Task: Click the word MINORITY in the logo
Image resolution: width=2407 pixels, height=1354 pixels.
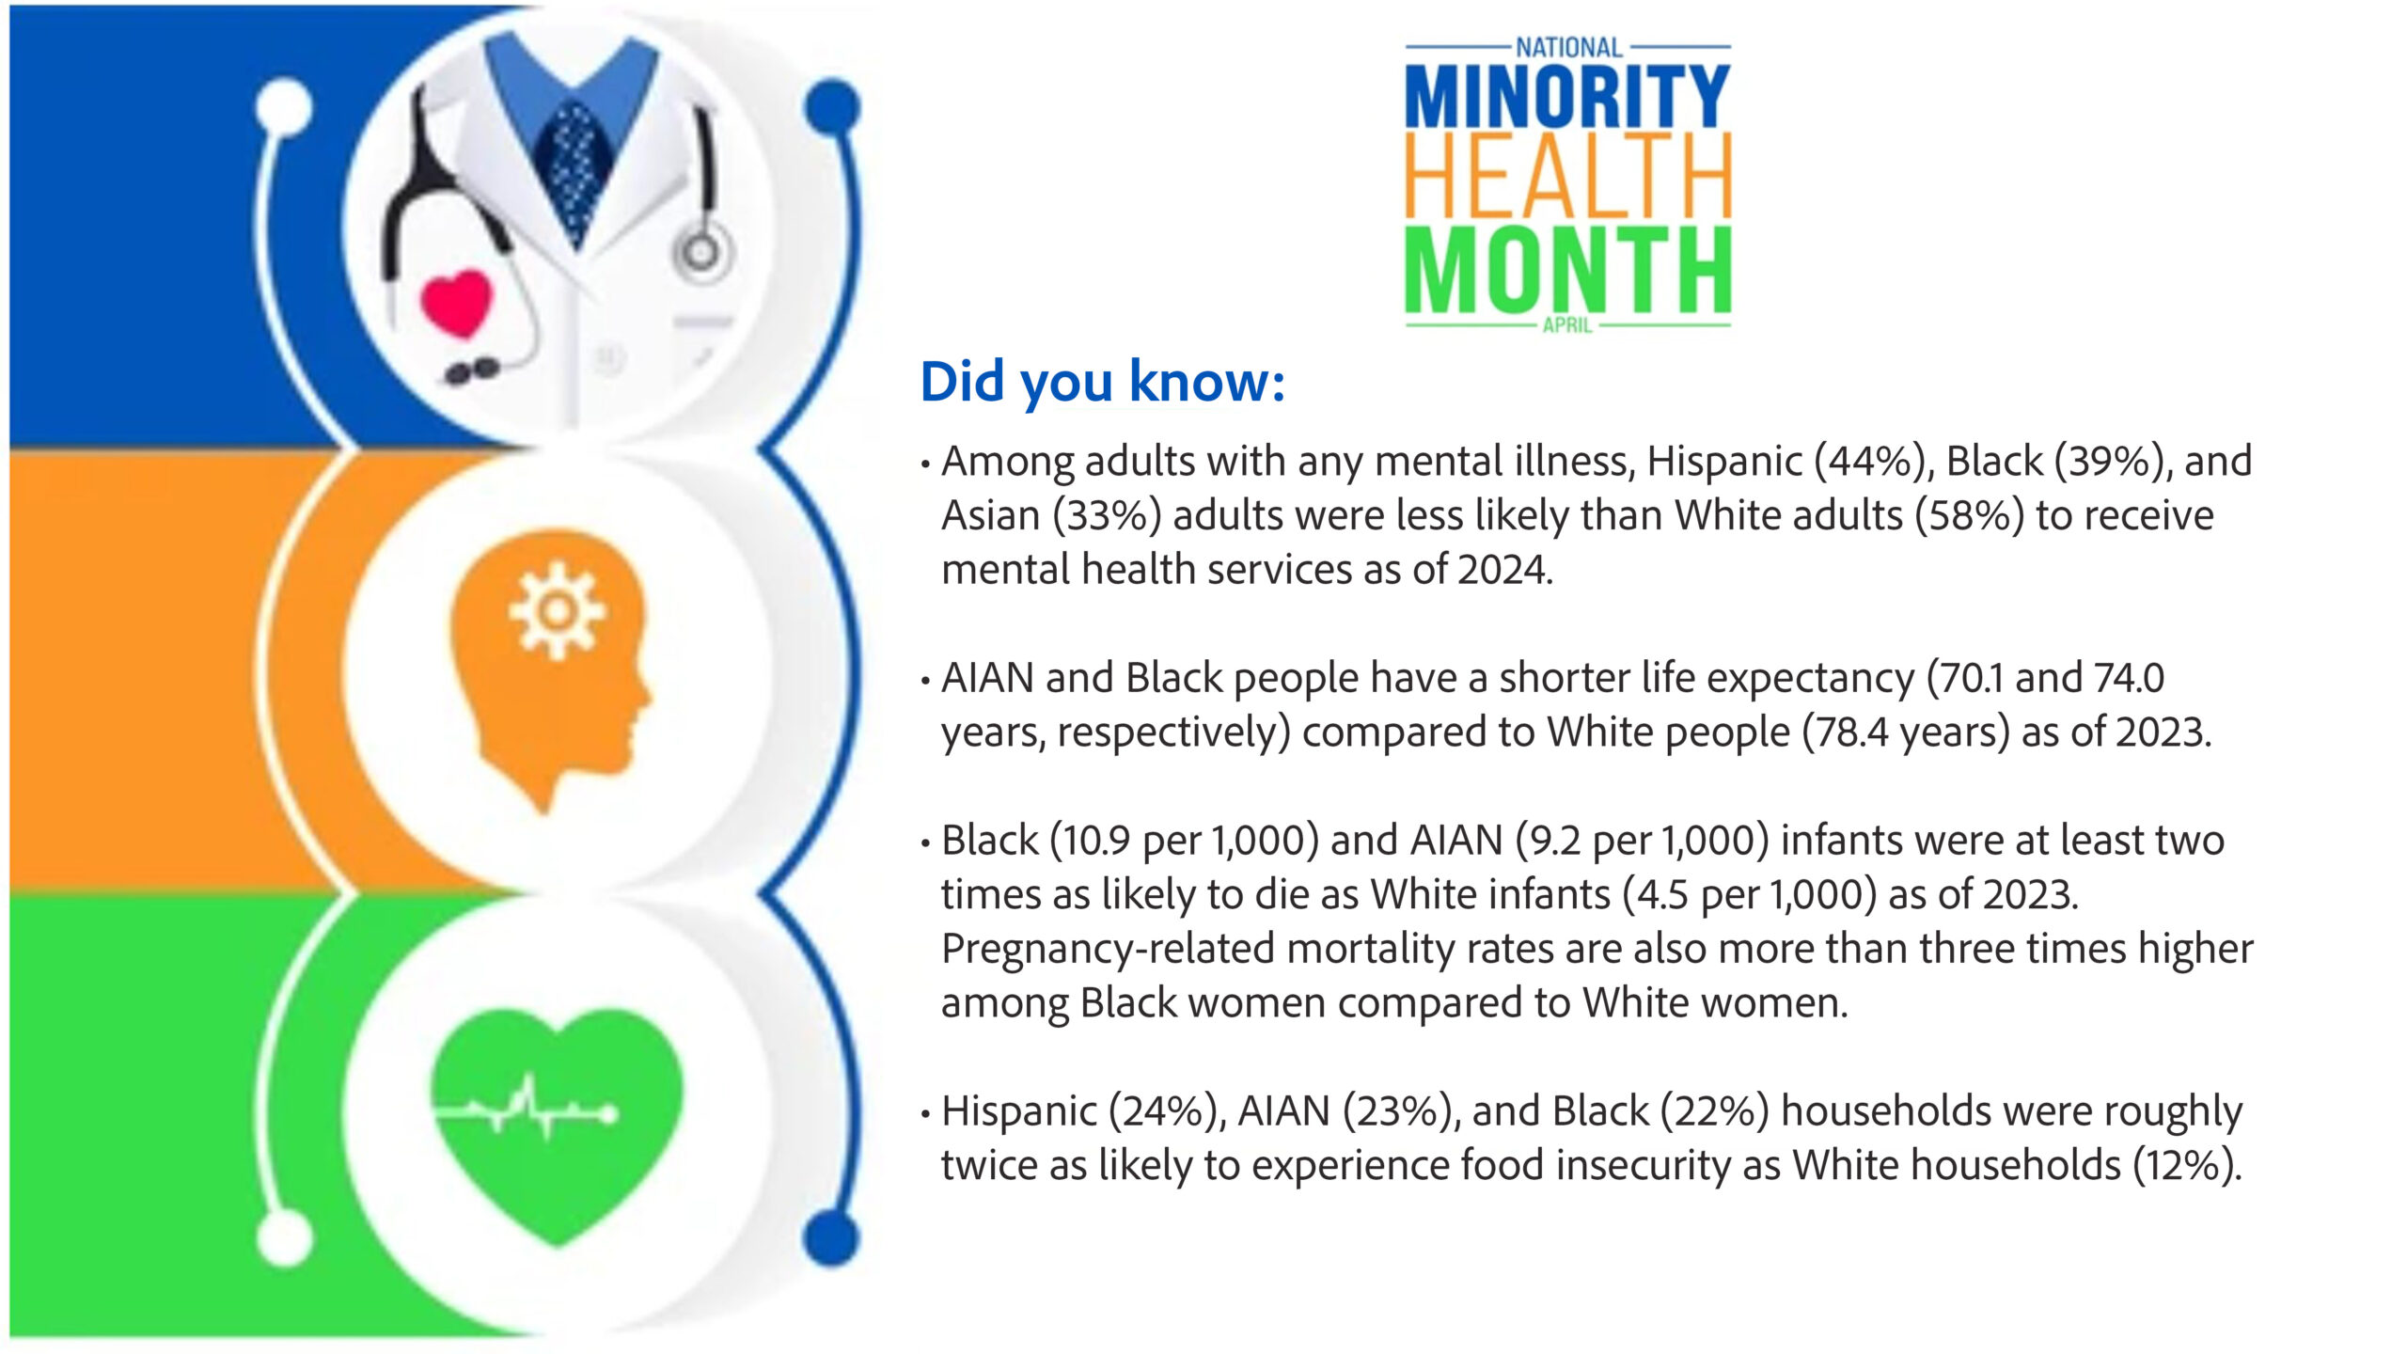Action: tap(1566, 96)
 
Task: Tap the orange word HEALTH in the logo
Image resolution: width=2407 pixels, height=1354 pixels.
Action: tap(1566, 176)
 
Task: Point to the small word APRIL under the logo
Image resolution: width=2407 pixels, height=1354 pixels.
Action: tap(1567, 325)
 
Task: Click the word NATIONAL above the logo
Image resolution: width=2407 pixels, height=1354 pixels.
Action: tap(1568, 47)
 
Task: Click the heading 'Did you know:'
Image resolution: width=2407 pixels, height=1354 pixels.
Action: tap(1102, 382)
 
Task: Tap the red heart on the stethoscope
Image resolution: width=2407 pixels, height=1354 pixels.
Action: tap(456, 303)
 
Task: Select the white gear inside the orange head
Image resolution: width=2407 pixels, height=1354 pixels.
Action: tap(557, 611)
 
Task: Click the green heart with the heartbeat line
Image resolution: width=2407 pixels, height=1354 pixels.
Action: tap(557, 1119)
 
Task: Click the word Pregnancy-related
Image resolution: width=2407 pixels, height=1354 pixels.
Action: tap(1107, 949)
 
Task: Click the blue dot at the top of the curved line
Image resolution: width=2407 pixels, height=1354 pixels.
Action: tap(832, 105)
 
